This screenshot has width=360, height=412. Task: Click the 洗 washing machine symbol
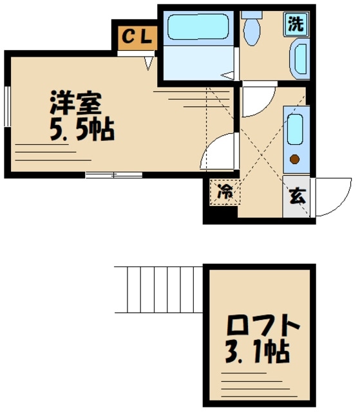point(296,24)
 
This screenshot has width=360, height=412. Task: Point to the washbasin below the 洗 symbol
point(300,59)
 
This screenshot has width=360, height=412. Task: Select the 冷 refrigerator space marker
point(224,191)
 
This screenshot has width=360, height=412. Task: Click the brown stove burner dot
point(296,159)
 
